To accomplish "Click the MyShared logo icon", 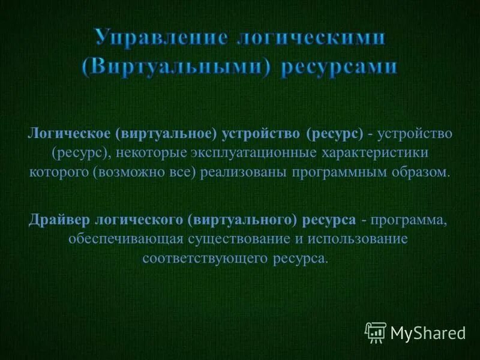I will [x=375, y=331].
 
